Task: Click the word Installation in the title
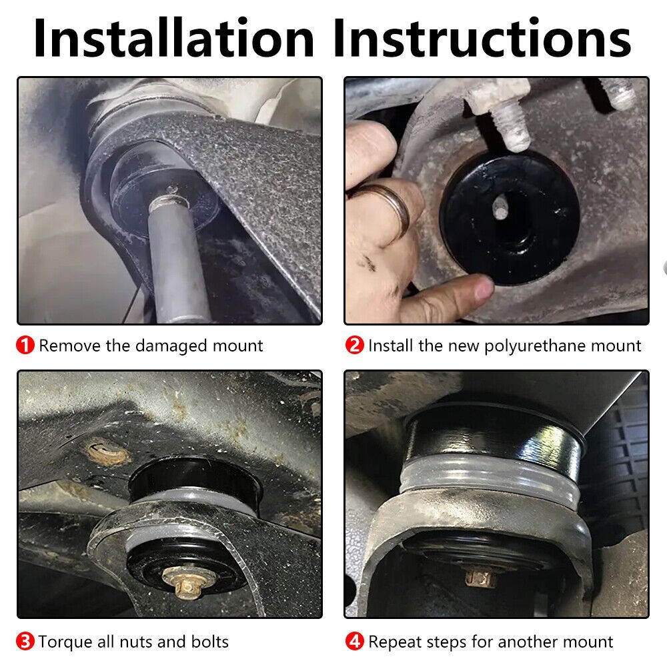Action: (x=173, y=38)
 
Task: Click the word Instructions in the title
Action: (x=482, y=38)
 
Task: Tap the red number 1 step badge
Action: (x=25, y=345)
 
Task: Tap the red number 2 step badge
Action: (x=354, y=345)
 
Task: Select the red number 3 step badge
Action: (x=25, y=641)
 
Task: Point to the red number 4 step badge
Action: (x=354, y=641)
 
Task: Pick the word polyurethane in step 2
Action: (x=535, y=346)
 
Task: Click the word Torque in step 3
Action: (x=65, y=642)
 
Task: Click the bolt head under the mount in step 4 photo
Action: (x=480, y=578)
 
